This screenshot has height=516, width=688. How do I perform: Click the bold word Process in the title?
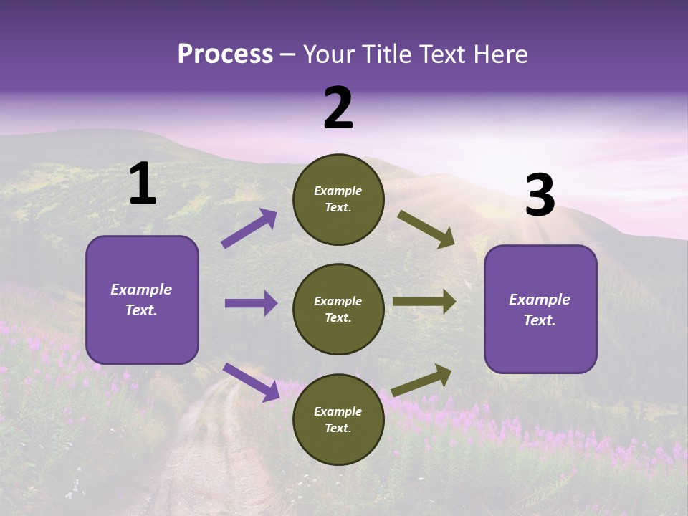tap(225, 54)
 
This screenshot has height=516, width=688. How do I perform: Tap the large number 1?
tap(143, 184)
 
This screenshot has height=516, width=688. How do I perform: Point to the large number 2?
tap(338, 108)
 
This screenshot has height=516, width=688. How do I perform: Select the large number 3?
tap(540, 196)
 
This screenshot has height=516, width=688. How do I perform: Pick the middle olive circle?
tap(338, 309)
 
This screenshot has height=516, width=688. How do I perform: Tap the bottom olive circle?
tap(338, 419)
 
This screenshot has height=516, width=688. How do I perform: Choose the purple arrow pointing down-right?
tap(251, 381)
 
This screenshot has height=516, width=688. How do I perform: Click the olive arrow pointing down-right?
tap(426, 229)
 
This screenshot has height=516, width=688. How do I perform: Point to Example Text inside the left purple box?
tap(142, 300)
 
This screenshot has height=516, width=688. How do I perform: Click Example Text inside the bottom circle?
tap(338, 419)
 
